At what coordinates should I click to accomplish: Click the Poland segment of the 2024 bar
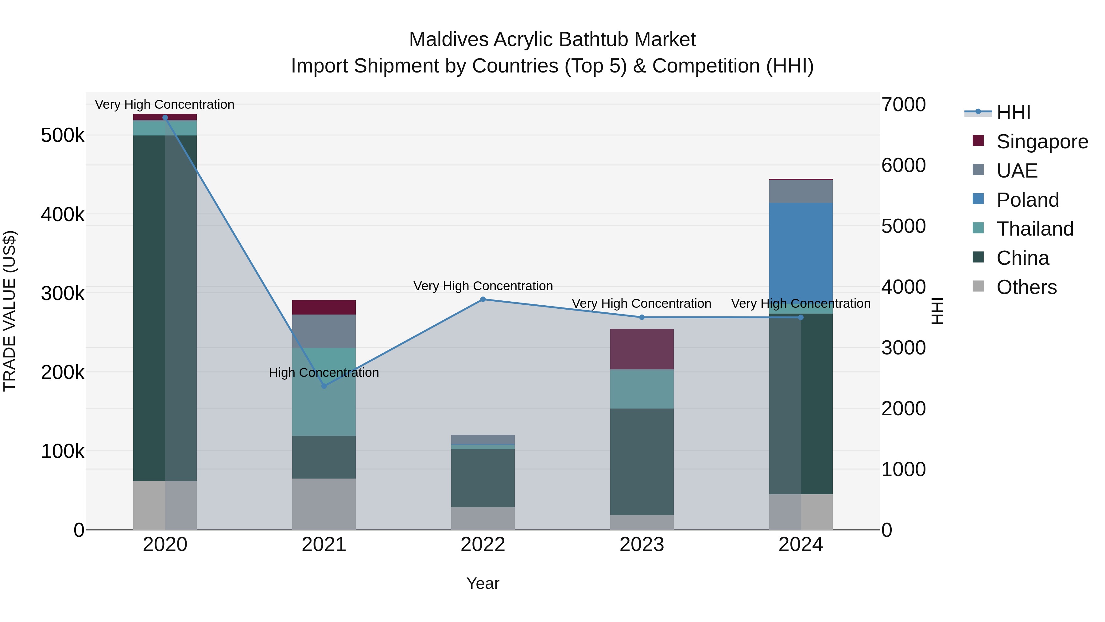[x=801, y=253]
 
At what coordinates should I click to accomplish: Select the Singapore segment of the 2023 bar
[x=642, y=349]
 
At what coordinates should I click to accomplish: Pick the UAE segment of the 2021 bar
[x=324, y=331]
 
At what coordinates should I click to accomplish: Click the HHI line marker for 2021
[x=324, y=386]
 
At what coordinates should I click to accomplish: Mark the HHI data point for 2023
[x=642, y=317]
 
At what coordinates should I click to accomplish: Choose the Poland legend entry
[x=1027, y=200]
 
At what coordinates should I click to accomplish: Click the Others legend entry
[x=1026, y=287]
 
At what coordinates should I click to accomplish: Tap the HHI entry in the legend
[x=1013, y=112]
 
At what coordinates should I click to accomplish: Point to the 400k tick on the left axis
[x=63, y=214]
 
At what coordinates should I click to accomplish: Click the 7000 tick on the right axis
[x=903, y=104]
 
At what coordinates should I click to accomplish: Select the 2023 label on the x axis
[x=642, y=545]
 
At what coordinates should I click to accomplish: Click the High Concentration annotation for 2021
[x=324, y=372]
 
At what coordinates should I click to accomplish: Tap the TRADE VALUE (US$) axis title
[x=10, y=311]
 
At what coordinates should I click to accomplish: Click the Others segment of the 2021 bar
[x=324, y=504]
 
